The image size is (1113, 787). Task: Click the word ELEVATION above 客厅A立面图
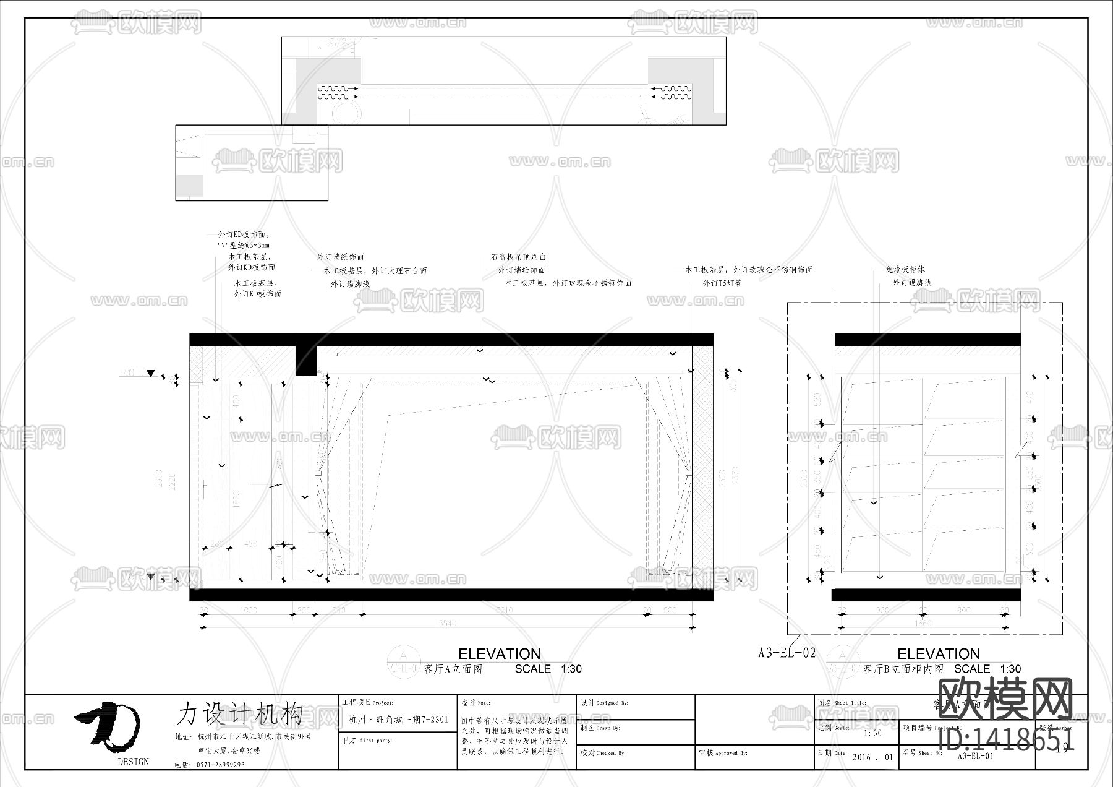point(499,654)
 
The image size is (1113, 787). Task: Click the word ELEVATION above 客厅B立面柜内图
point(938,654)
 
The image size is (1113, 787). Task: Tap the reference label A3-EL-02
point(787,653)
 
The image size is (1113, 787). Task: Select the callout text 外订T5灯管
point(722,283)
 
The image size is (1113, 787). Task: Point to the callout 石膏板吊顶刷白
point(518,257)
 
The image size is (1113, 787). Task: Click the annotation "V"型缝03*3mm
point(243,246)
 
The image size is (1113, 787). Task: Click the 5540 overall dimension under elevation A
point(447,623)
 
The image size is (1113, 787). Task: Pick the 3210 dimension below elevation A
point(504,610)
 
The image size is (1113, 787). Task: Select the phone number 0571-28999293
point(220,765)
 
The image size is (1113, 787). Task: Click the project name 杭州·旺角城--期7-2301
point(398,720)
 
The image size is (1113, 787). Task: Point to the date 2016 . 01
point(872,757)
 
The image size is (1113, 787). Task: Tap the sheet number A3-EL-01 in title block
point(975,755)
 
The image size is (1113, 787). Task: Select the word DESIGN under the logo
point(133,762)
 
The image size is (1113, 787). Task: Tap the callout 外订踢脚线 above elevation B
point(911,283)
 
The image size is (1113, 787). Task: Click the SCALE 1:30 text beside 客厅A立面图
point(548,669)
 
